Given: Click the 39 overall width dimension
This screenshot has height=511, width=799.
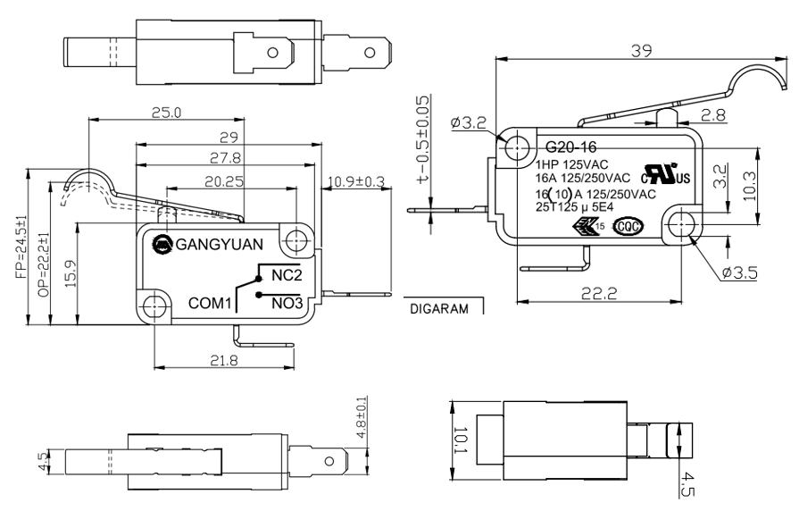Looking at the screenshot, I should pyautogui.click(x=639, y=52).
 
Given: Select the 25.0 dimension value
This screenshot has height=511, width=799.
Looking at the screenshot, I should pyautogui.click(x=165, y=113).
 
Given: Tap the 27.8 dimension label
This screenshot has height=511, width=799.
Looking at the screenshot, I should pyautogui.click(x=227, y=157).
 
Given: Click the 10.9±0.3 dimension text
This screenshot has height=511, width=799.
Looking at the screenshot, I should pyautogui.click(x=356, y=182).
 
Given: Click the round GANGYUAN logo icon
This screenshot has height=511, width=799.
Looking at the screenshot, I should pyautogui.click(x=162, y=241).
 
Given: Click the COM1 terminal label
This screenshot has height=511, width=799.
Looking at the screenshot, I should pyautogui.click(x=210, y=304).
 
